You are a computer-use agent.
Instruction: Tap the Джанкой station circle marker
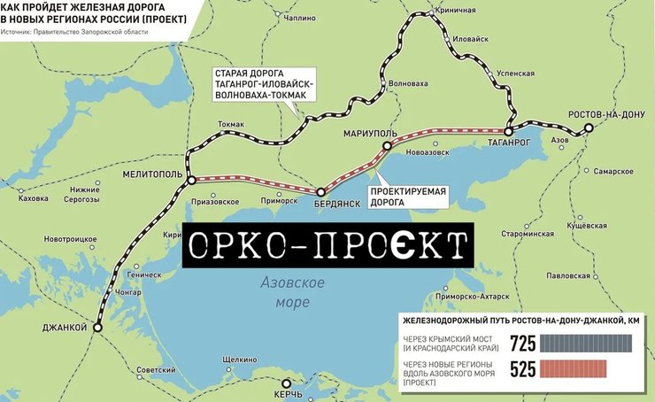pos(97,327)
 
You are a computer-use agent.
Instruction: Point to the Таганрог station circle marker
pos(509,130)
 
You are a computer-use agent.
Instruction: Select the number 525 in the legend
pos(523,370)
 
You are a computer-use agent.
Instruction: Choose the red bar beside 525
pos(574,369)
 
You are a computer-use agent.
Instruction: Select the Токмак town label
pos(230,125)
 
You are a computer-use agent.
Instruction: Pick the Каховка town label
pos(33,198)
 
